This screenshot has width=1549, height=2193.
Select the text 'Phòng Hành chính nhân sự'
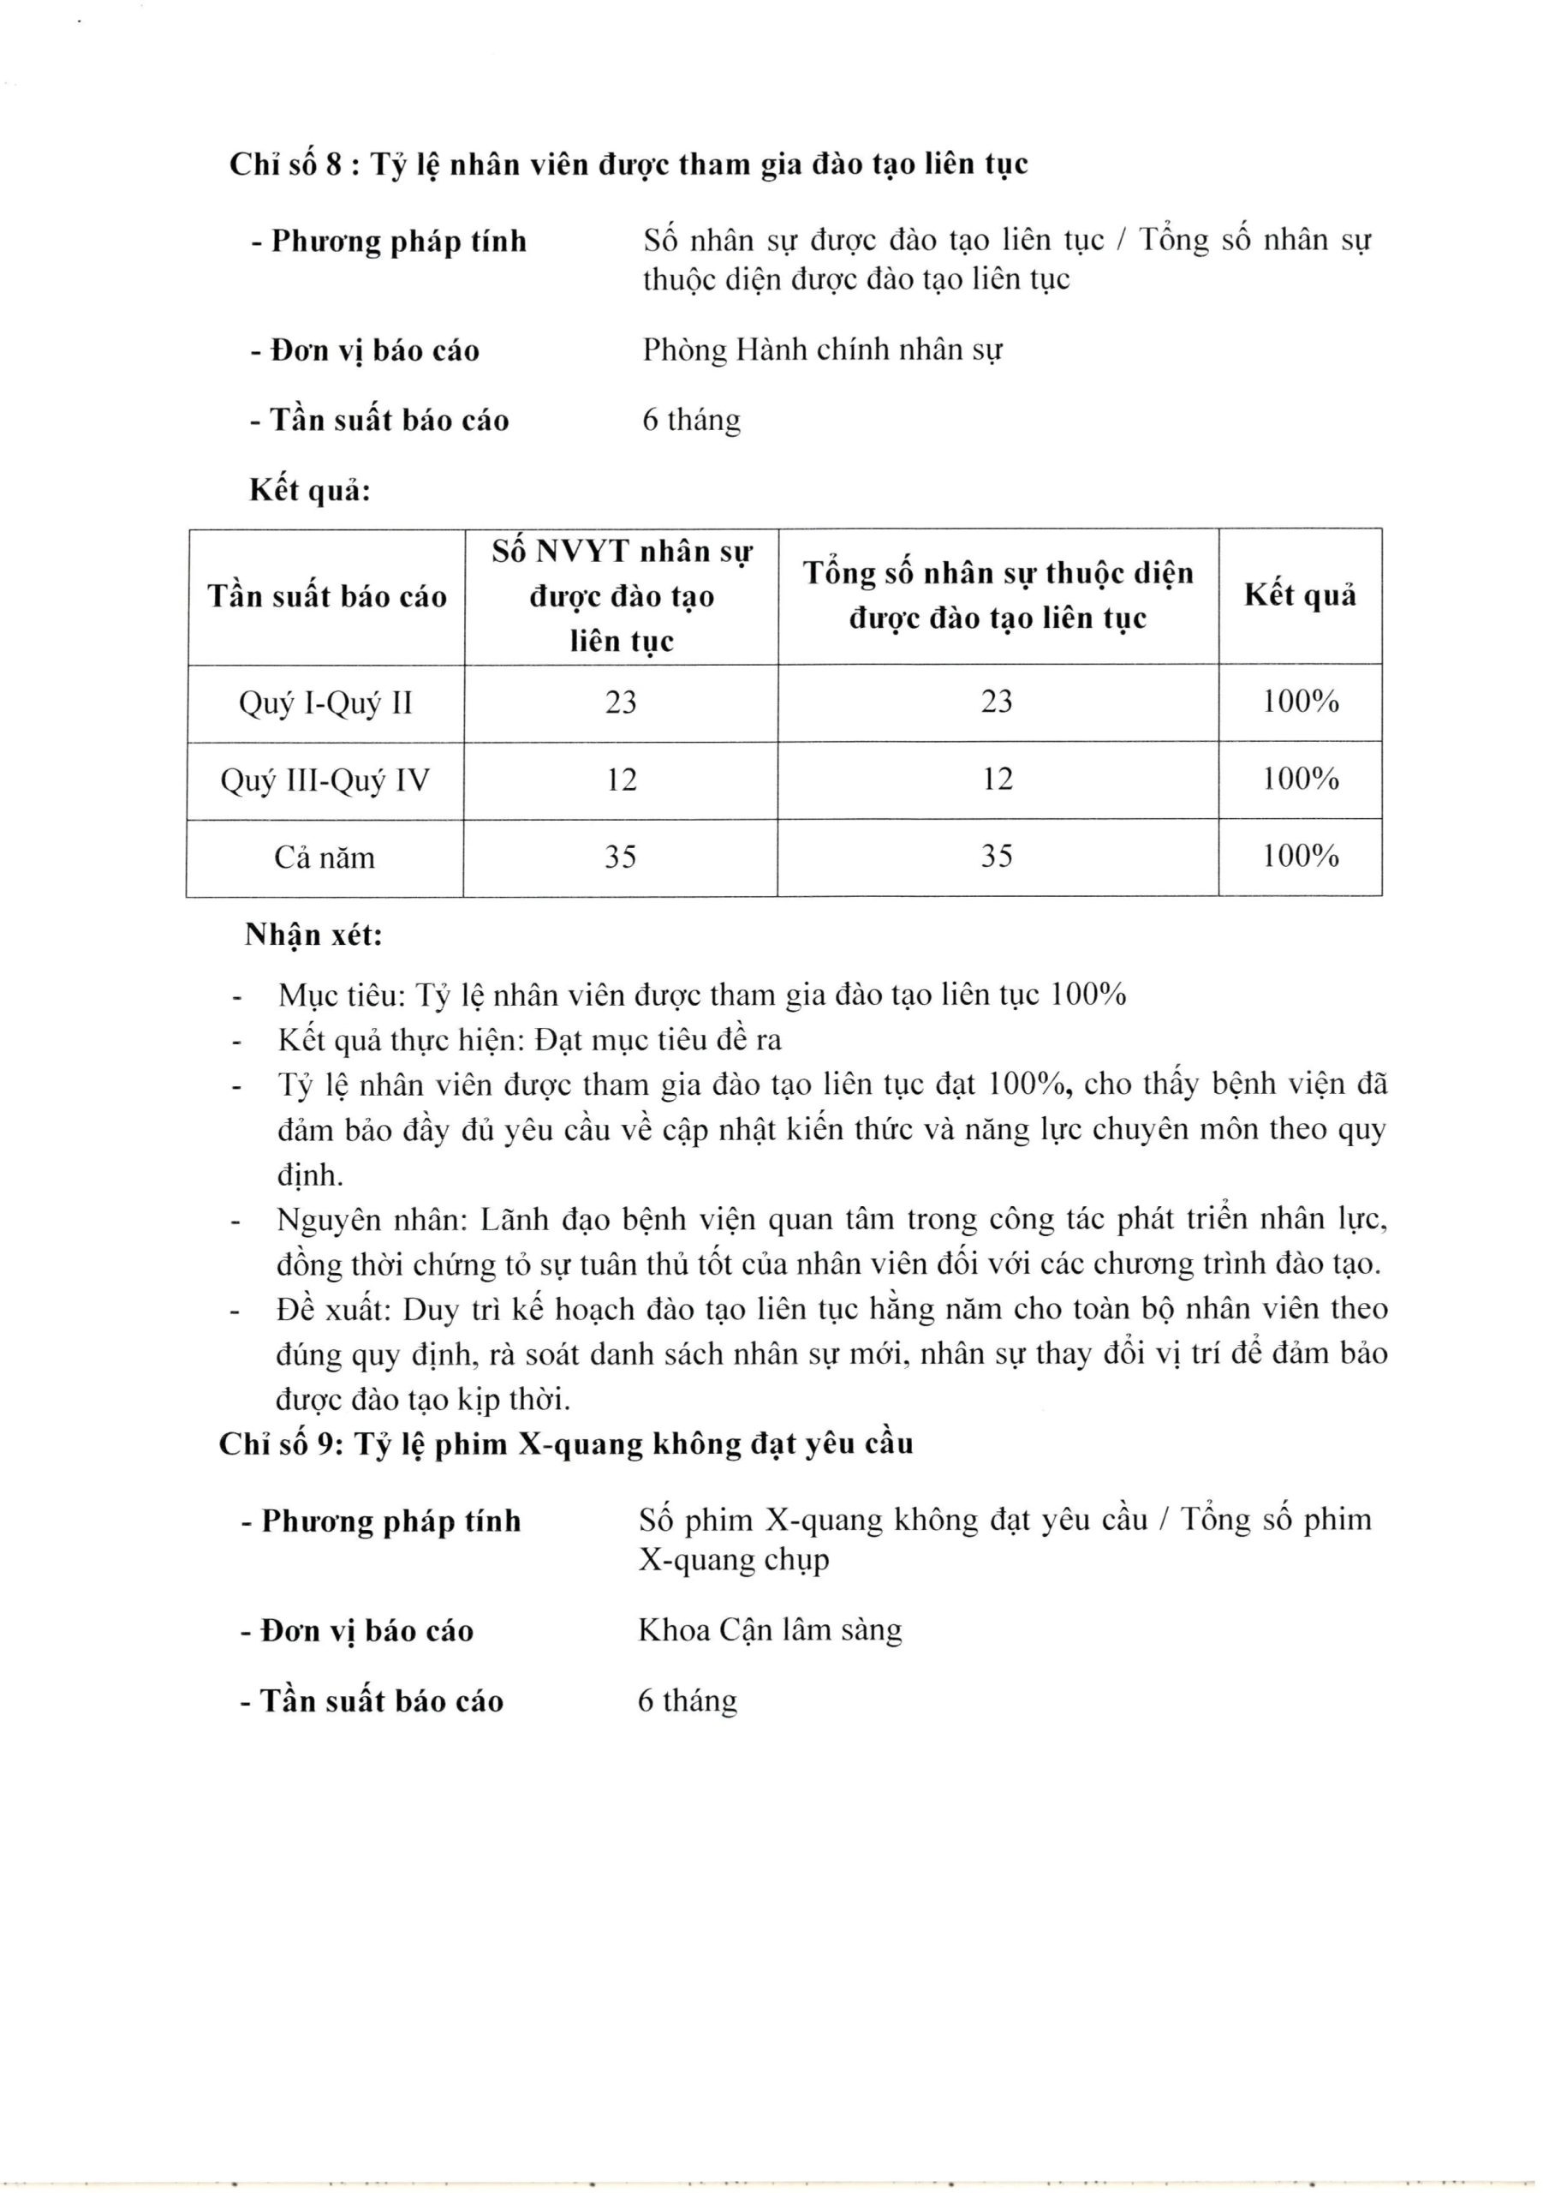point(821,350)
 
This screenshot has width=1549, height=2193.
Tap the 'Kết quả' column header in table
point(1300,596)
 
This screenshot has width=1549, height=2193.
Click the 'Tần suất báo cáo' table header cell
point(326,597)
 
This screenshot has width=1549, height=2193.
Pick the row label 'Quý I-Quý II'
point(325,703)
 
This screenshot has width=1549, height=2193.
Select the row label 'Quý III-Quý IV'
point(325,780)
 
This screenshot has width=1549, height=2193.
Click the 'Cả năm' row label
point(325,857)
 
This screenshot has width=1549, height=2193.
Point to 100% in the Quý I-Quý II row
point(1301,702)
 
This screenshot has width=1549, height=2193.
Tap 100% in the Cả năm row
point(1301,856)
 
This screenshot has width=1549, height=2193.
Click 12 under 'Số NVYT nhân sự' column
point(621,780)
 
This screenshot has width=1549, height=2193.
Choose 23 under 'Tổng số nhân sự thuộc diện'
point(997,702)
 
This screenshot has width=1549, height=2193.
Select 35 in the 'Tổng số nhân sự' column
point(997,856)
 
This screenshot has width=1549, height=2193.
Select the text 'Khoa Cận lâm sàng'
point(770,1629)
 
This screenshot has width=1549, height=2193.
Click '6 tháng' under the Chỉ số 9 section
point(688,1700)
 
